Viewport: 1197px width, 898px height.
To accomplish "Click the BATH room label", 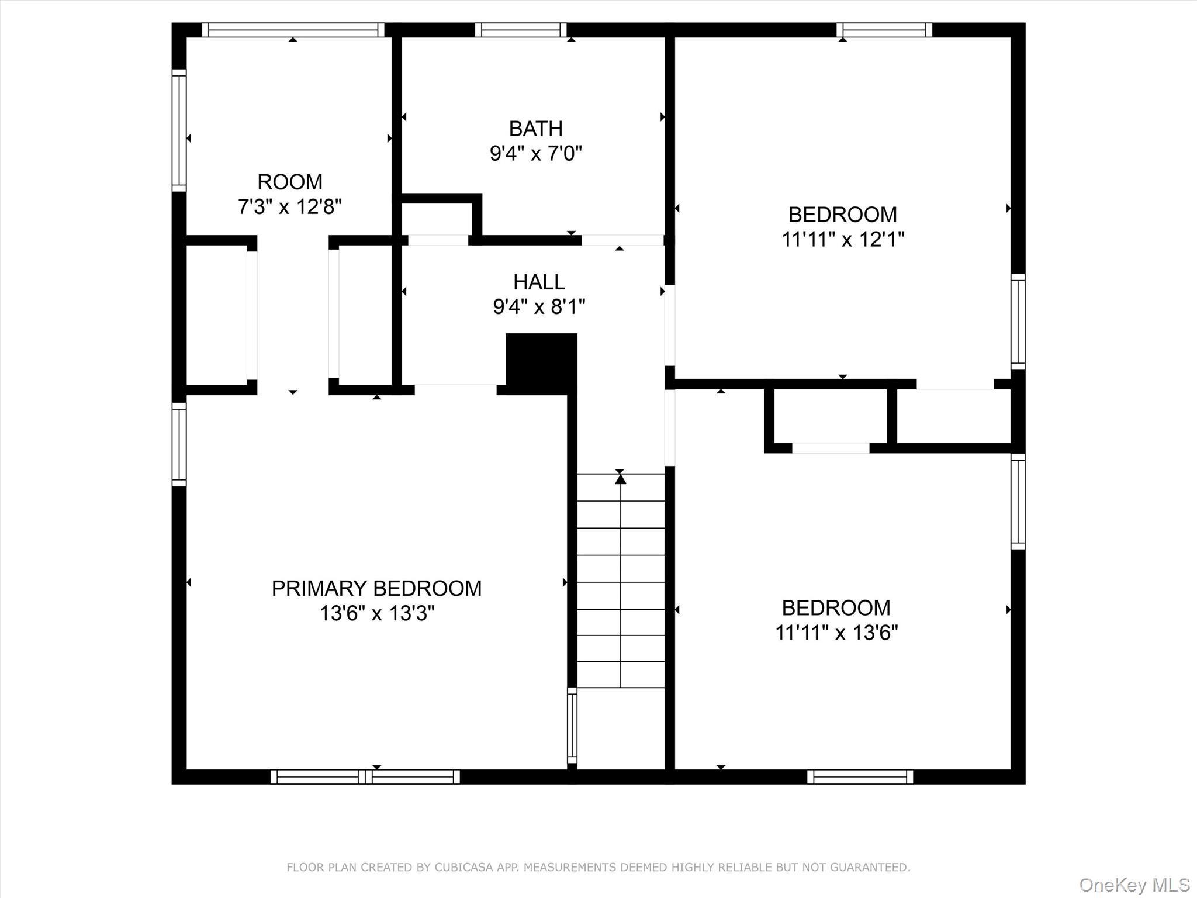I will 535,128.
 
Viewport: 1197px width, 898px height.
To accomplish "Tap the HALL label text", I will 539,282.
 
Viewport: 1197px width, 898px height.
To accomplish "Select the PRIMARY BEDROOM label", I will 376,588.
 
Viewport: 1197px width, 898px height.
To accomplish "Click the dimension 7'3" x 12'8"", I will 289,206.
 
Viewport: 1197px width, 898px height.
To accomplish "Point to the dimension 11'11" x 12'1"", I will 843,239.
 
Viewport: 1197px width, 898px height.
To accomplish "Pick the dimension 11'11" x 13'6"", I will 836,633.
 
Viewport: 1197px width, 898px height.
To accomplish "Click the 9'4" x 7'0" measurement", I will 535,153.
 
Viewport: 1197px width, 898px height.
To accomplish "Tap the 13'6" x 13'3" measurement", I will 376,613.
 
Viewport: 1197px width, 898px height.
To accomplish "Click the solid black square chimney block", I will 541,362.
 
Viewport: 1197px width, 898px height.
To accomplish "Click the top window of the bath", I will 521,30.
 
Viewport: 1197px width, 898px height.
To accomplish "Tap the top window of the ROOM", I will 293,30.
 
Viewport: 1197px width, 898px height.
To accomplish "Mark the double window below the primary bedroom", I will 365,776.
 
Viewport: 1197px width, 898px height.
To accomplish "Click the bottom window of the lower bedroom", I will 860,776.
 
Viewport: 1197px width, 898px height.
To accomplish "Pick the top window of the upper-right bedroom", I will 884,30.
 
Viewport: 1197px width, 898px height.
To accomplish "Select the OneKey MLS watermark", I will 1134,885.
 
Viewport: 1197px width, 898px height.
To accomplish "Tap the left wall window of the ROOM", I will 179,130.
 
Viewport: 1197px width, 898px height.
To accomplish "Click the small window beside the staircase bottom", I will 572,726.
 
